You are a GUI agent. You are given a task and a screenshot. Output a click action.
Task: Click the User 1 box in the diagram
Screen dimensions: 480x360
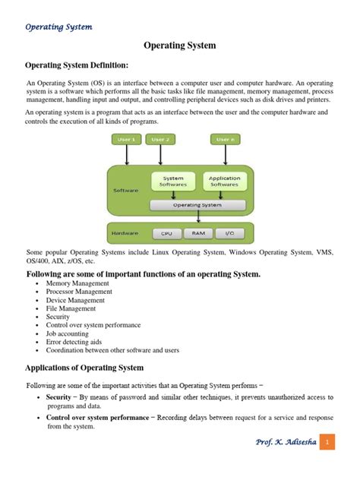click(x=126, y=140)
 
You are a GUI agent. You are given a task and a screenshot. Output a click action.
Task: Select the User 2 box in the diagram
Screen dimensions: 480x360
click(x=160, y=140)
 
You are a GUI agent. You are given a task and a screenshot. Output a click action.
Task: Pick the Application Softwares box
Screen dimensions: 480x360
click(x=223, y=182)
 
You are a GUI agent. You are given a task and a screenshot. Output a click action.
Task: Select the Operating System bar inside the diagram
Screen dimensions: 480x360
click(x=197, y=205)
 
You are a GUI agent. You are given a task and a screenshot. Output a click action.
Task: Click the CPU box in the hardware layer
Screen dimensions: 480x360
click(x=167, y=234)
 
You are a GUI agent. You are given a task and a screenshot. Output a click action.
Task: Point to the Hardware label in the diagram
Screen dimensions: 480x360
click(x=125, y=233)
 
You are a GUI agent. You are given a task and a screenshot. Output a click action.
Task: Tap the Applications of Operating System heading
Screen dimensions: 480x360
click(x=85, y=368)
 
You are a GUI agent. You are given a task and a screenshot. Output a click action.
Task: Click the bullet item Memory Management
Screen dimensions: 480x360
click(x=77, y=283)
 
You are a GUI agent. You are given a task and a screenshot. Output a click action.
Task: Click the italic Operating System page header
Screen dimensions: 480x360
click(x=58, y=27)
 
